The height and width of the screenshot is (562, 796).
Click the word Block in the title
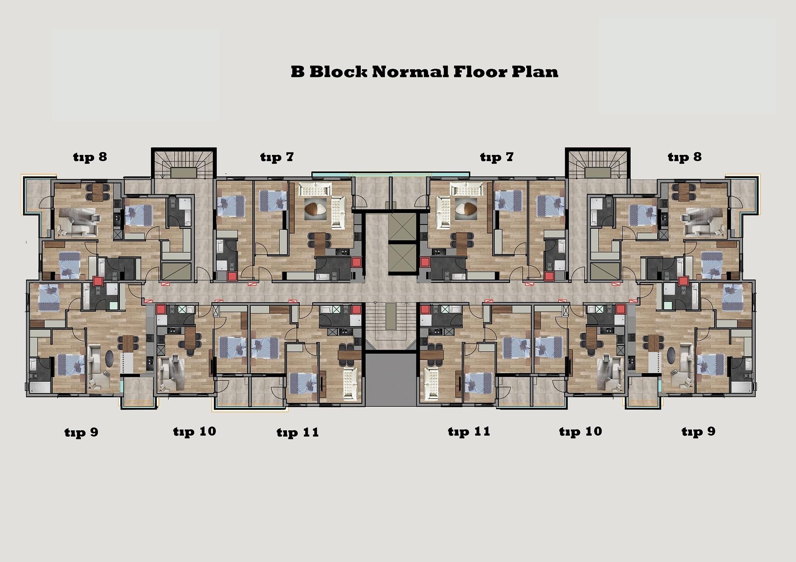pyautogui.click(x=338, y=72)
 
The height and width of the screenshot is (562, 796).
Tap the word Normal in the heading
pyautogui.click(x=410, y=72)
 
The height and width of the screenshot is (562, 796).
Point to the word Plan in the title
pyautogui.click(x=535, y=72)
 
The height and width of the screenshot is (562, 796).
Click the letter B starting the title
pyautogui.click(x=298, y=72)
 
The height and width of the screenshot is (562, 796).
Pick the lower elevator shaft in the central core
pyautogui.click(x=402, y=259)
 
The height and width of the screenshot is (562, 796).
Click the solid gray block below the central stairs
pyautogui.click(x=391, y=379)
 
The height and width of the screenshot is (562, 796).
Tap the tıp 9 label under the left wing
pyautogui.click(x=81, y=432)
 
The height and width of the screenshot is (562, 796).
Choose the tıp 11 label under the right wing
pyautogui.click(x=469, y=432)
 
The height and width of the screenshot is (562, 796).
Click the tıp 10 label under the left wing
pyautogui.click(x=194, y=432)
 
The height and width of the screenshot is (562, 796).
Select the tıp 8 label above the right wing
pyautogui.click(x=684, y=157)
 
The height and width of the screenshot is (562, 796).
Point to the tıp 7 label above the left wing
pyautogui.click(x=277, y=157)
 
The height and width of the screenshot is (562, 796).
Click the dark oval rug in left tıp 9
pyautogui.click(x=110, y=359)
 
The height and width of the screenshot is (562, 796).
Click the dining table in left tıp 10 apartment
pyautogui.click(x=190, y=338)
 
